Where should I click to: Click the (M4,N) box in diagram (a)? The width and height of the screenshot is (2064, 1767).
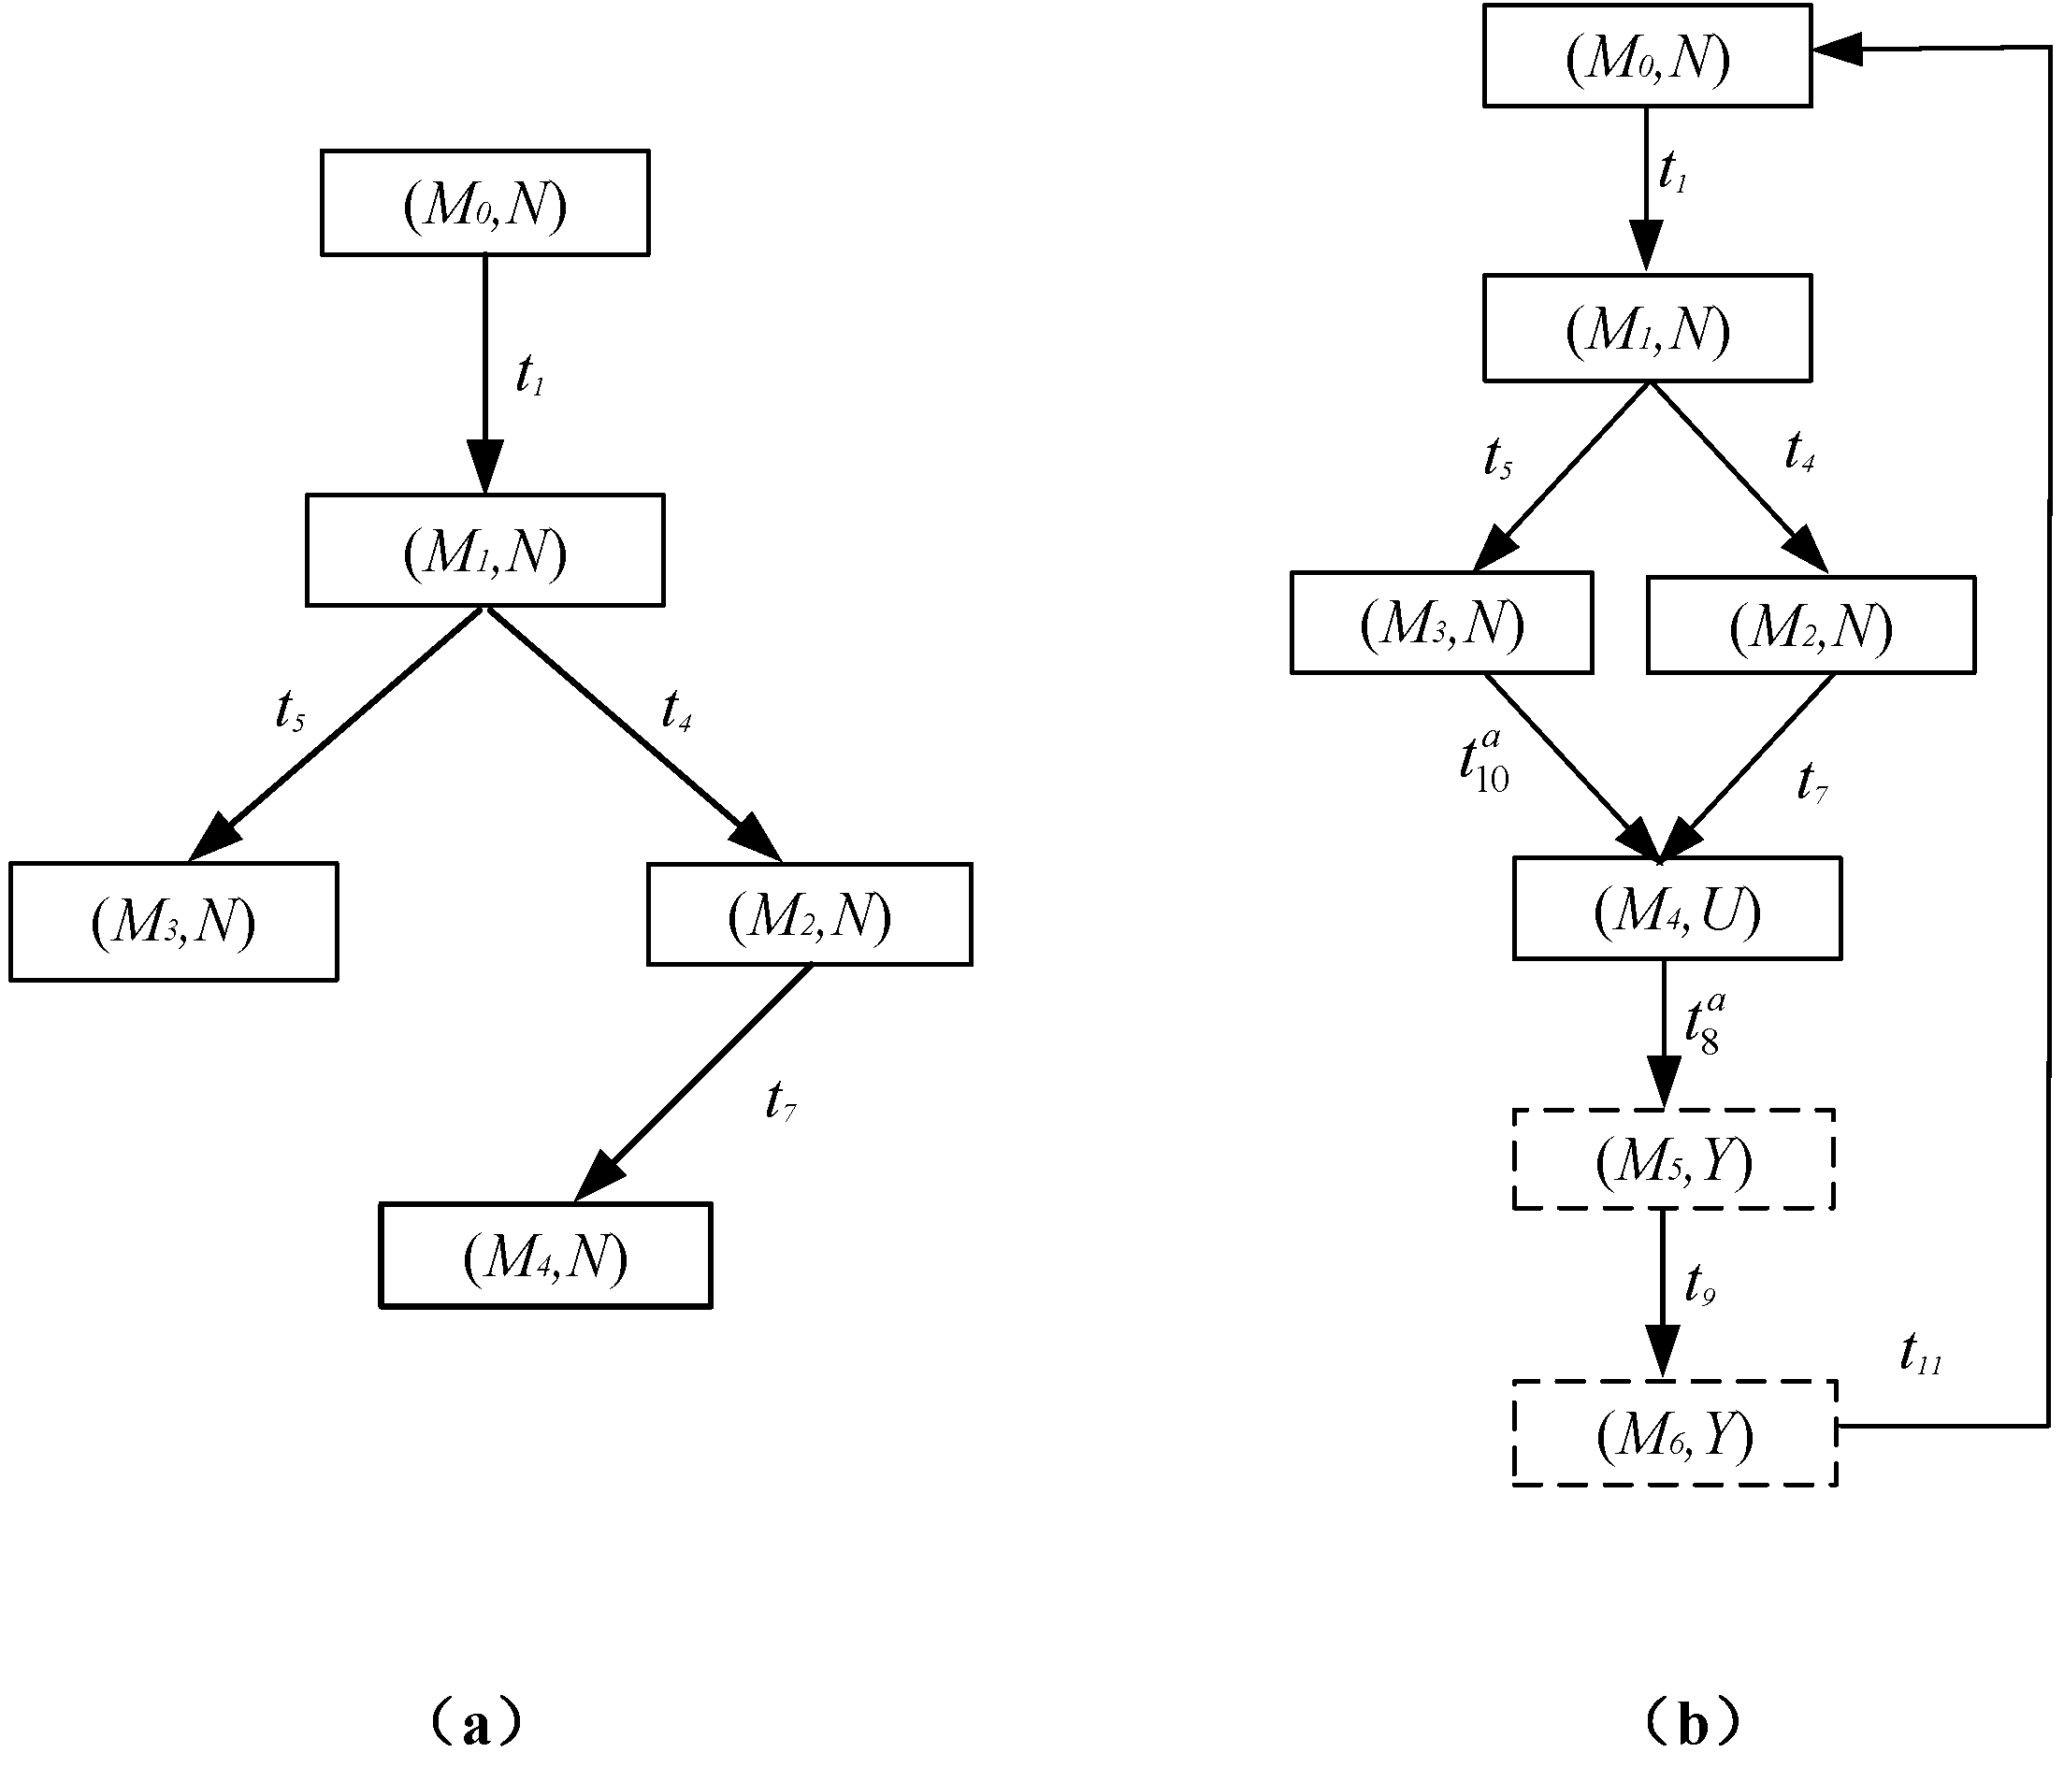(x=545, y=1255)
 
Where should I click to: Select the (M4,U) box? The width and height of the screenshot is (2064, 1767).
(x=1677, y=909)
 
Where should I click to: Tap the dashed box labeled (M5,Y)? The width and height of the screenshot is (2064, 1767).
(x=1673, y=1159)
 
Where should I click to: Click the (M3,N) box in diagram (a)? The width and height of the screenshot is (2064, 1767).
(x=173, y=921)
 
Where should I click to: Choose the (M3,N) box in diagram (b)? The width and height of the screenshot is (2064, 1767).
(x=1441, y=623)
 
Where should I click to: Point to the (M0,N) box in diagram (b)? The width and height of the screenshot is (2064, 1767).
(x=1647, y=56)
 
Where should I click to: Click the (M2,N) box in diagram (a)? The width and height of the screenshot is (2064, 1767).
(x=809, y=914)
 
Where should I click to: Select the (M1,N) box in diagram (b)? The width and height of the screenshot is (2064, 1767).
(x=1647, y=328)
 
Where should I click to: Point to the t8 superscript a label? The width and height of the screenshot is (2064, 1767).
(x=1704, y=1022)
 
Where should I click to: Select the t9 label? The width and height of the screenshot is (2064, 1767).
(x=1699, y=1285)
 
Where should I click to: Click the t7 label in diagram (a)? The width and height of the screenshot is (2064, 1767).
(x=780, y=1101)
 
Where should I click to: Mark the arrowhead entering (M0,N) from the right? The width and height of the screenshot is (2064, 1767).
(x=1837, y=47)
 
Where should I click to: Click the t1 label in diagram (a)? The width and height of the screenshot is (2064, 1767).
(x=530, y=376)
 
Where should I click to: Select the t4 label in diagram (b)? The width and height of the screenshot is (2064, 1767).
(x=1799, y=453)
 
